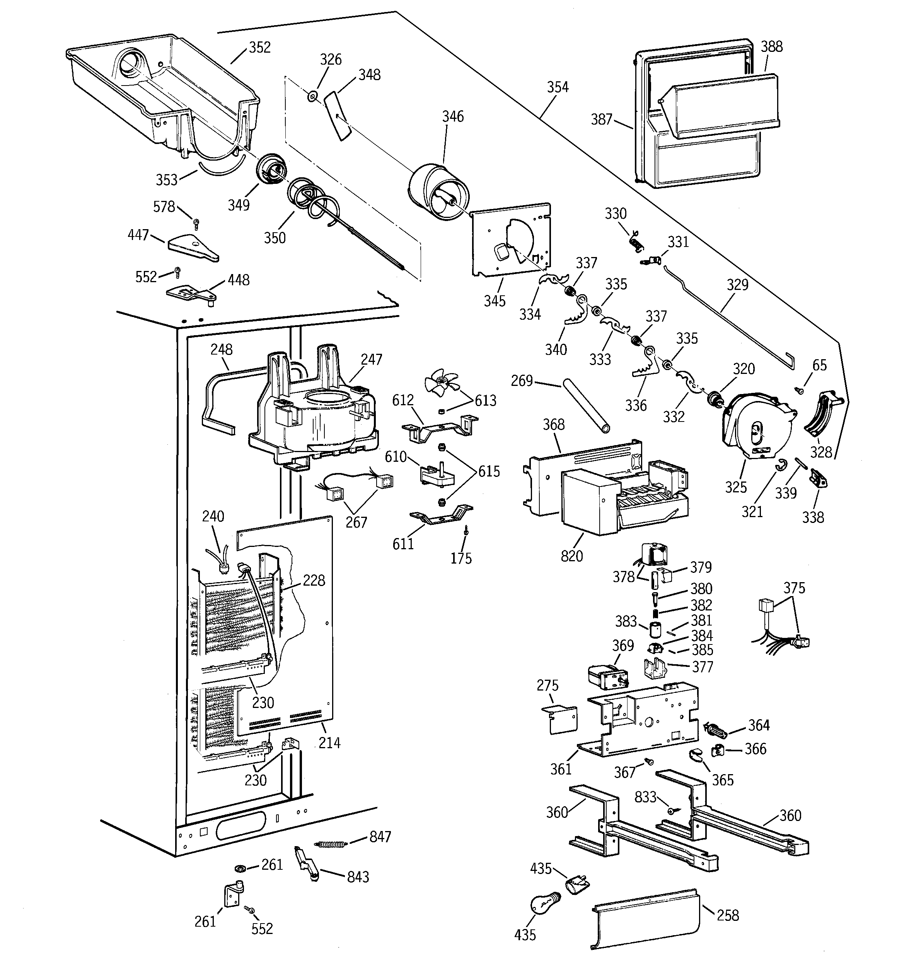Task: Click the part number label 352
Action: [x=259, y=47]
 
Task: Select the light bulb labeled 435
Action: [x=544, y=905]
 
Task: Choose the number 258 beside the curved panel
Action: [x=728, y=915]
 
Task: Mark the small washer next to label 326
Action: [x=312, y=97]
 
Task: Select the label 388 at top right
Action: [x=771, y=47]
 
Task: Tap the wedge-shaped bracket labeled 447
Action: [x=193, y=248]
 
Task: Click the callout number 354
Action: [x=558, y=87]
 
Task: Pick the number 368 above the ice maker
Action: [x=554, y=425]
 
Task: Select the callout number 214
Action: [x=329, y=742]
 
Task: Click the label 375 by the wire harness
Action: [x=794, y=588]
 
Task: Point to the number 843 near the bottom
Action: [x=358, y=877]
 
